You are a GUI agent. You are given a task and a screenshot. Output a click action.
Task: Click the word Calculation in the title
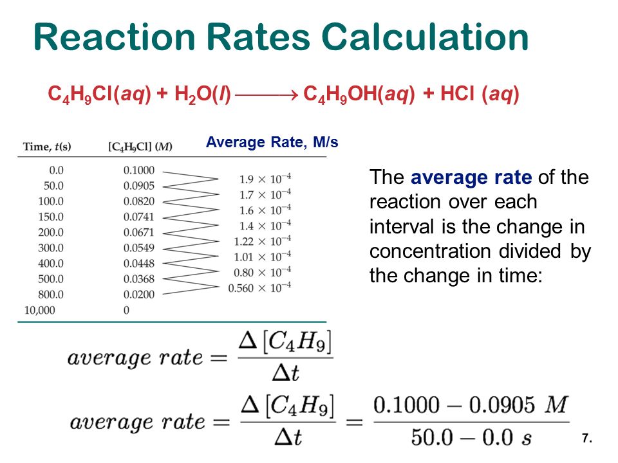point(425,37)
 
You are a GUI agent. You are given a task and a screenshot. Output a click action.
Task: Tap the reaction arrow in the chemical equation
point(266,95)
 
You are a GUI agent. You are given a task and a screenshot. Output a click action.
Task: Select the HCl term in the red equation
point(457,94)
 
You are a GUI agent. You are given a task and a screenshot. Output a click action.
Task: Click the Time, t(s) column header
point(47,147)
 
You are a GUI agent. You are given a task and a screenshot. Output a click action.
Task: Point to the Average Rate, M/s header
point(272,142)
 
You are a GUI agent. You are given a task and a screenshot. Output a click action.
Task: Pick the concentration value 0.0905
point(139,186)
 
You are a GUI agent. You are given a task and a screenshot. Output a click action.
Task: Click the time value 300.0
point(51,248)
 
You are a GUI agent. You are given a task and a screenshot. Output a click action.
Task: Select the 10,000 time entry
point(40,310)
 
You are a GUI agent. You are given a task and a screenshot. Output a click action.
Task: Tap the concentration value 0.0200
point(139,295)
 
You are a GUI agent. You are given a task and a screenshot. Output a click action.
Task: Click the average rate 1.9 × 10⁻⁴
point(265,179)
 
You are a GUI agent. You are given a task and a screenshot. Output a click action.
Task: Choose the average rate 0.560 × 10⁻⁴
point(259,288)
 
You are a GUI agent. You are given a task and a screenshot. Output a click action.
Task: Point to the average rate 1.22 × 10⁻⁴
point(263,241)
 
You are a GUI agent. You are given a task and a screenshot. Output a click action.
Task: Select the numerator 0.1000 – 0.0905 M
point(471,405)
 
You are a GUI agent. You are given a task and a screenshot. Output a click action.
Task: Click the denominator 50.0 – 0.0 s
point(471,437)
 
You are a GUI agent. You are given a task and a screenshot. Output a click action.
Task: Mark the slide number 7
point(587,438)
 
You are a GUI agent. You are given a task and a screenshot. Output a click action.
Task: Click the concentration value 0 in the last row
point(126,310)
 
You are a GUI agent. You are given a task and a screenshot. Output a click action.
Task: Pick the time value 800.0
point(51,295)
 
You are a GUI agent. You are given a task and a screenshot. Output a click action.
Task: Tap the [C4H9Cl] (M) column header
point(140,147)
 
